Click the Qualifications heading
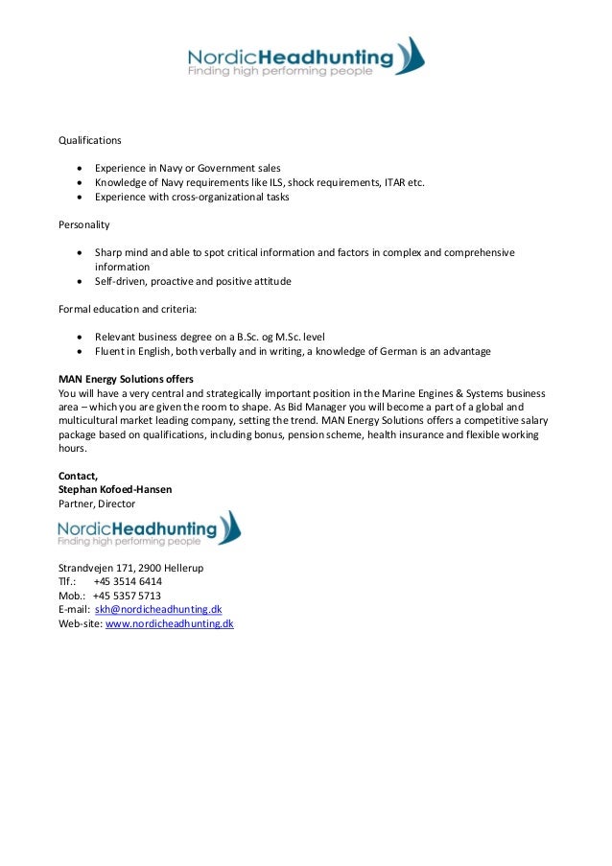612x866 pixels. click(x=90, y=140)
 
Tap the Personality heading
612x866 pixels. click(x=84, y=225)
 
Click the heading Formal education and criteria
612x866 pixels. click(x=127, y=310)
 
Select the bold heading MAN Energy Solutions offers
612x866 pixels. click(x=126, y=380)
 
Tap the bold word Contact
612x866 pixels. click(x=78, y=476)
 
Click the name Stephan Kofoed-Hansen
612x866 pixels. click(x=115, y=489)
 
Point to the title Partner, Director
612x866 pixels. click(x=97, y=503)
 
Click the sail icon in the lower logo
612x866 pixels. click(x=229, y=528)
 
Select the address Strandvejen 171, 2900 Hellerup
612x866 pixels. click(x=130, y=568)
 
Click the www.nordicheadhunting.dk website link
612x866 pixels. click(x=169, y=623)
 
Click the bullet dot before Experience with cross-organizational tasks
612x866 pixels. click(x=80, y=198)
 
